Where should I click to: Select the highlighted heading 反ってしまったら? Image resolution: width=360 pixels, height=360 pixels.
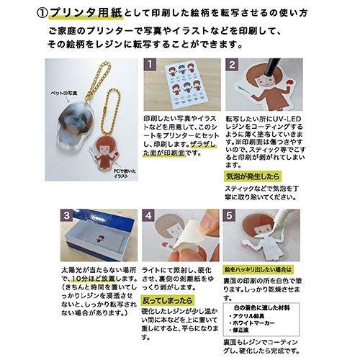coord(168,298)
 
